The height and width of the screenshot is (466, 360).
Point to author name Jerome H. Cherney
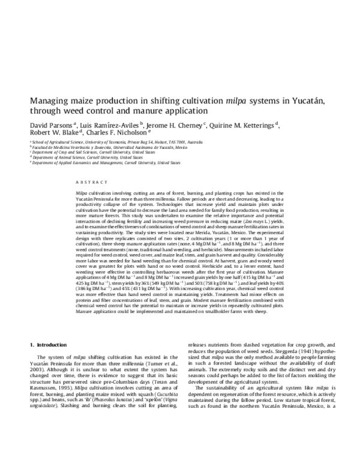coord(178,125)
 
